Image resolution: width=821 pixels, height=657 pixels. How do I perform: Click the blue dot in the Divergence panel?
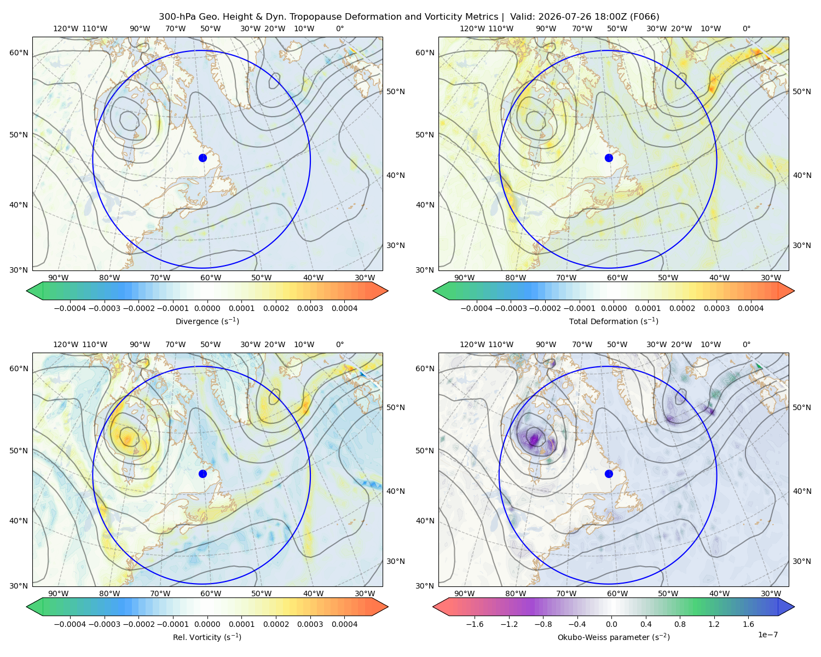tap(203, 158)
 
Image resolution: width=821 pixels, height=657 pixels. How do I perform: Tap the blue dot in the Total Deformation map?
tap(609, 158)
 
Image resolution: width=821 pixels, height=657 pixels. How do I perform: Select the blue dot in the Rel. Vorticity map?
tap(203, 474)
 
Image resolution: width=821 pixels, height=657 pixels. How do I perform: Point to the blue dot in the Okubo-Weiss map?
tap(609, 474)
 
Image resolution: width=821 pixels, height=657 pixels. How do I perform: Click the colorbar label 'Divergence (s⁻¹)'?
tap(207, 321)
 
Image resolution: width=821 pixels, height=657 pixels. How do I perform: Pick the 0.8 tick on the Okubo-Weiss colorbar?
tap(680, 624)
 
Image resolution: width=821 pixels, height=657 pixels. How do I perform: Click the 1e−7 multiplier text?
tap(767, 635)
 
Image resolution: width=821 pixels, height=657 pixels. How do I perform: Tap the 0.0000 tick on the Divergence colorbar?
tap(207, 308)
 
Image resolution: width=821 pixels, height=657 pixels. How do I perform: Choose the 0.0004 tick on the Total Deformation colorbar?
tap(750, 308)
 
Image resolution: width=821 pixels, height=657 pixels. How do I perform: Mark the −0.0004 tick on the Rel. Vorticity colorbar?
tap(70, 624)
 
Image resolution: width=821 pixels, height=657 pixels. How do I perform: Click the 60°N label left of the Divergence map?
tap(19, 53)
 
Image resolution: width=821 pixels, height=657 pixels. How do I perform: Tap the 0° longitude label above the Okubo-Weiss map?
tap(746, 344)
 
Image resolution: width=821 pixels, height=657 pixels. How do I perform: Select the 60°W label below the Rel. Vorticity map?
tap(211, 593)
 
